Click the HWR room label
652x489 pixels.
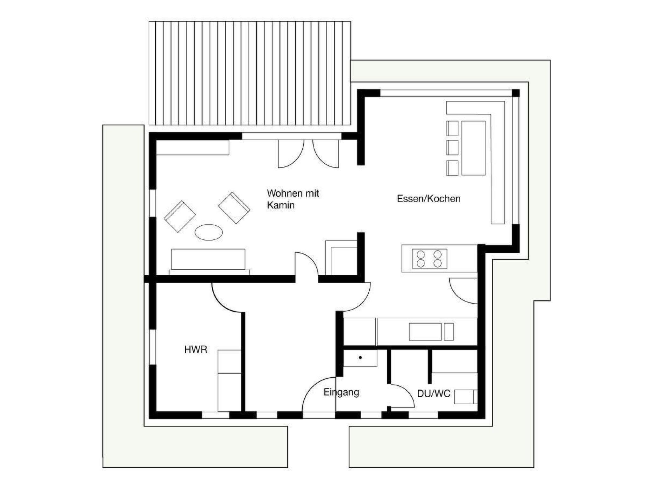point(195,350)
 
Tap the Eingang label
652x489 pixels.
point(341,393)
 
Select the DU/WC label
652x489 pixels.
point(434,394)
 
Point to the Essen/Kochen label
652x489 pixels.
point(429,199)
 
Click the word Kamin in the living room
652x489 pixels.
point(280,205)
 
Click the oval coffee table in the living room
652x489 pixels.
point(209,232)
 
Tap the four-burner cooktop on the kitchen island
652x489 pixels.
point(429,259)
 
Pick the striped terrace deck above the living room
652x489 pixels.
point(250,73)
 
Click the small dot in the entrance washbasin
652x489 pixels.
point(360,358)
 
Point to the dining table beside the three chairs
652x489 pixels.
point(473,148)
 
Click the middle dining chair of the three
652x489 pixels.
point(452,148)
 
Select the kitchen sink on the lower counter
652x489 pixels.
point(425,332)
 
